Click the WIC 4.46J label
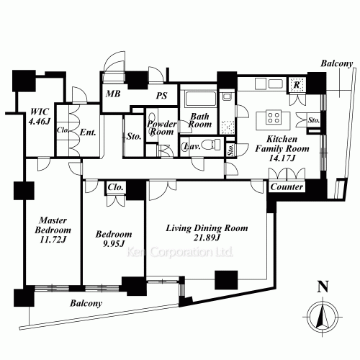[x=40, y=117]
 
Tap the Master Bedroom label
[x=53, y=230]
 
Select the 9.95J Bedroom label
[x=114, y=238]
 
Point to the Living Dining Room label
[x=207, y=233]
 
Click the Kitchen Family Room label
[x=282, y=148]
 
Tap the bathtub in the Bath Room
[x=201, y=99]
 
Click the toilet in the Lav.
[x=211, y=145]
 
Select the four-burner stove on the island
[x=274, y=117]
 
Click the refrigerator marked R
[x=297, y=85]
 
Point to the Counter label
[x=287, y=186]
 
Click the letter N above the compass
[x=323, y=287]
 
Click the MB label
[x=113, y=94]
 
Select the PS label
[x=161, y=96]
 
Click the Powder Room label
[x=162, y=127]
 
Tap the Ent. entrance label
[x=88, y=132]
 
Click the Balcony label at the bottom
[x=86, y=303]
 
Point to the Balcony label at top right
[x=337, y=63]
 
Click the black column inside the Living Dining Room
[x=226, y=280]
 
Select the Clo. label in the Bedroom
[x=115, y=187]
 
